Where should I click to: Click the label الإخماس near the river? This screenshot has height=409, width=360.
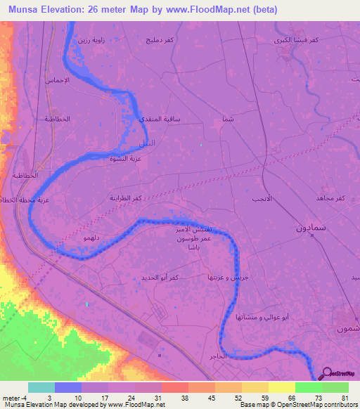click(x=58, y=81)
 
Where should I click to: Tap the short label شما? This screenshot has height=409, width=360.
click(x=226, y=120)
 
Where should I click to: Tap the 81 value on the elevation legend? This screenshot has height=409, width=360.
click(x=345, y=398)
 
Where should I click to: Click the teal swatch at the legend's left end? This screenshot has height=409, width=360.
click(x=41, y=387)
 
